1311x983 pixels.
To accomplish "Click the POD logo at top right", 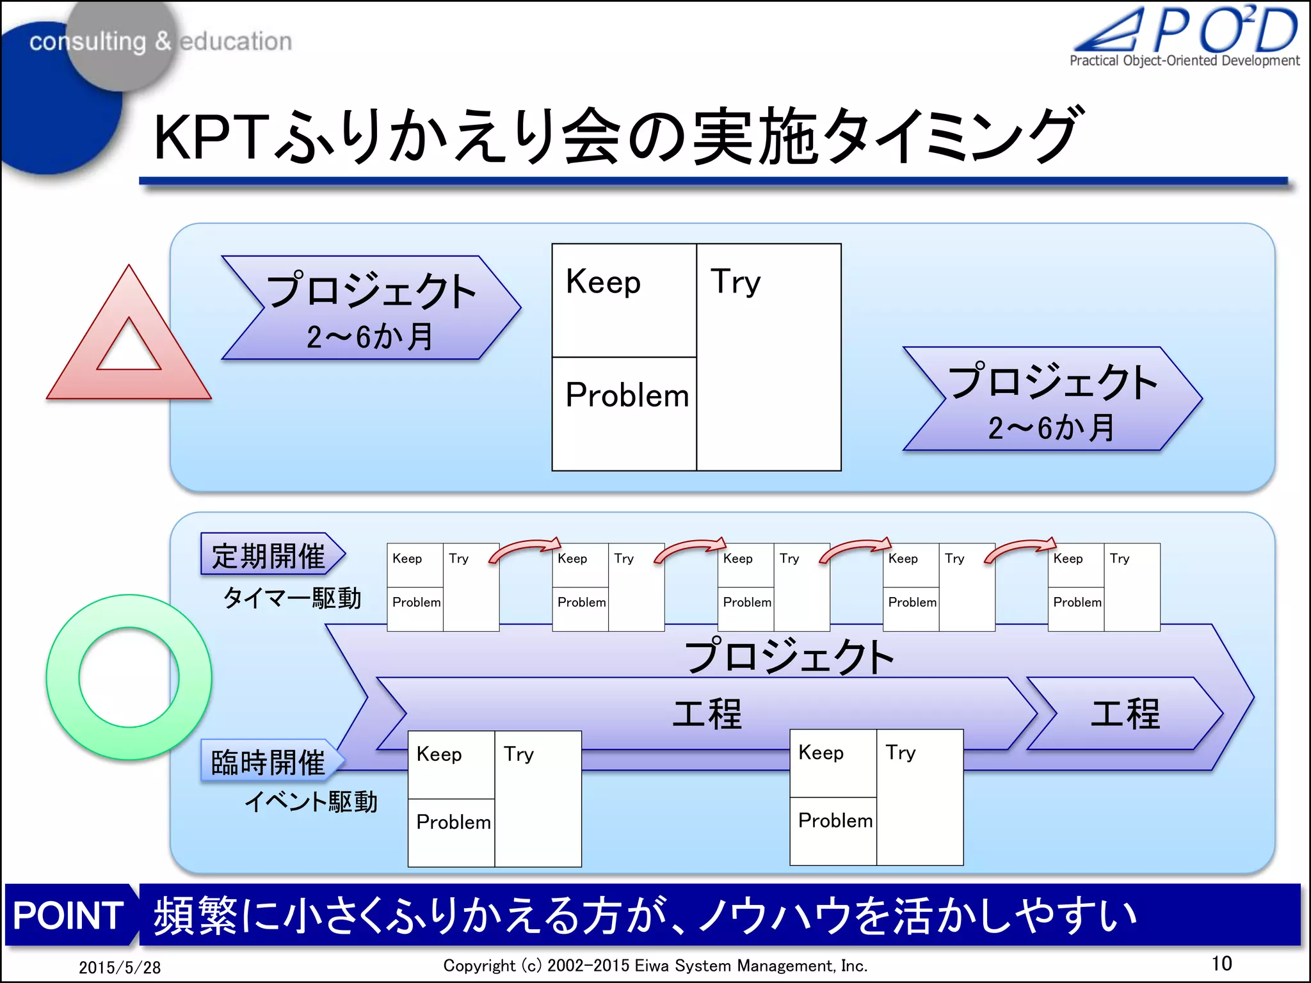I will click(x=1186, y=35).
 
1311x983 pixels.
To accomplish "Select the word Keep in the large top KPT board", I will click(x=603, y=282).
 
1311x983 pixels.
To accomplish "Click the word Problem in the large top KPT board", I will click(x=627, y=395).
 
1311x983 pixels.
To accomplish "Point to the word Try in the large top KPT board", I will click(x=736, y=282).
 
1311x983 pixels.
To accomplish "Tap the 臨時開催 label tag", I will click(x=269, y=762).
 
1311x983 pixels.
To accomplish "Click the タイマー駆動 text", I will click(x=292, y=598).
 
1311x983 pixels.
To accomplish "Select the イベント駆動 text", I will click(x=311, y=801).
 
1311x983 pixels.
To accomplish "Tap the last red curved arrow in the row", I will click(x=1020, y=548).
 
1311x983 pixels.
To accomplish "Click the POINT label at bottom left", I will click(x=68, y=915).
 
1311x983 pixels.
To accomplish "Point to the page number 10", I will click(x=1221, y=963).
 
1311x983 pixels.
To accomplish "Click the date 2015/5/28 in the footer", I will click(x=120, y=967).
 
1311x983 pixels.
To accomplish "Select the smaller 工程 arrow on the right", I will click(x=1125, y=714).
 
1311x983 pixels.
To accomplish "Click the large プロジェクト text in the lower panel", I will click(x=789, y=656).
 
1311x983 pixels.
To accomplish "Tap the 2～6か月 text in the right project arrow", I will click(x=1051, y=428).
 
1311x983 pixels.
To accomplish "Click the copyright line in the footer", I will click(x=655, y=965).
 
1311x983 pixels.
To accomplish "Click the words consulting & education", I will click(x=160, y=42).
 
